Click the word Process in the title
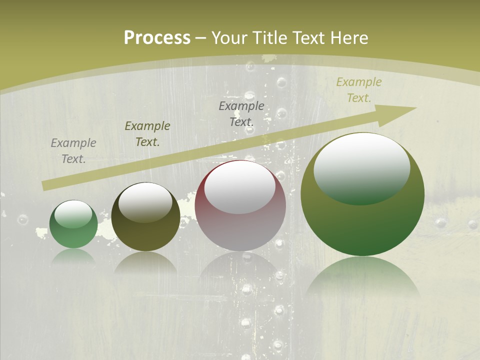pos(157,38)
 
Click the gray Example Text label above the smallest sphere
pos(73,151)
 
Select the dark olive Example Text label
pos(147,134)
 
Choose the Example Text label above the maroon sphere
pos(241,113)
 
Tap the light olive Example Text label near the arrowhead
pos(359,90)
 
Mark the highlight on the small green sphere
pos(73,213)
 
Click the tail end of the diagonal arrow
pos(46,185)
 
